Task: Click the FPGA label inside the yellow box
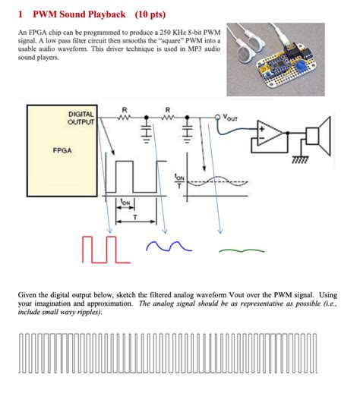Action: (62, 151)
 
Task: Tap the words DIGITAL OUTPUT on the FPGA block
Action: (81, 118)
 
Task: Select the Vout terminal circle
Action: (217, 118)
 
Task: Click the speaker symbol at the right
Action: (318, 136)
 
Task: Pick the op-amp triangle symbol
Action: (270, 134)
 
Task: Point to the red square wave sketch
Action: (106, 250)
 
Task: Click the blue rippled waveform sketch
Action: (169, 246)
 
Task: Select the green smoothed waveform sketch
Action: (242, 250)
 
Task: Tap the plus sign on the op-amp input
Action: (262, 129)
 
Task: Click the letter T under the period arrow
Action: (135, 217)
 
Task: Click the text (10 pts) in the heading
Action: (150, 14)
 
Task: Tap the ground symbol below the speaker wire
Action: (301, 159)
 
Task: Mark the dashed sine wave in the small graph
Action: (218, 181)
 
